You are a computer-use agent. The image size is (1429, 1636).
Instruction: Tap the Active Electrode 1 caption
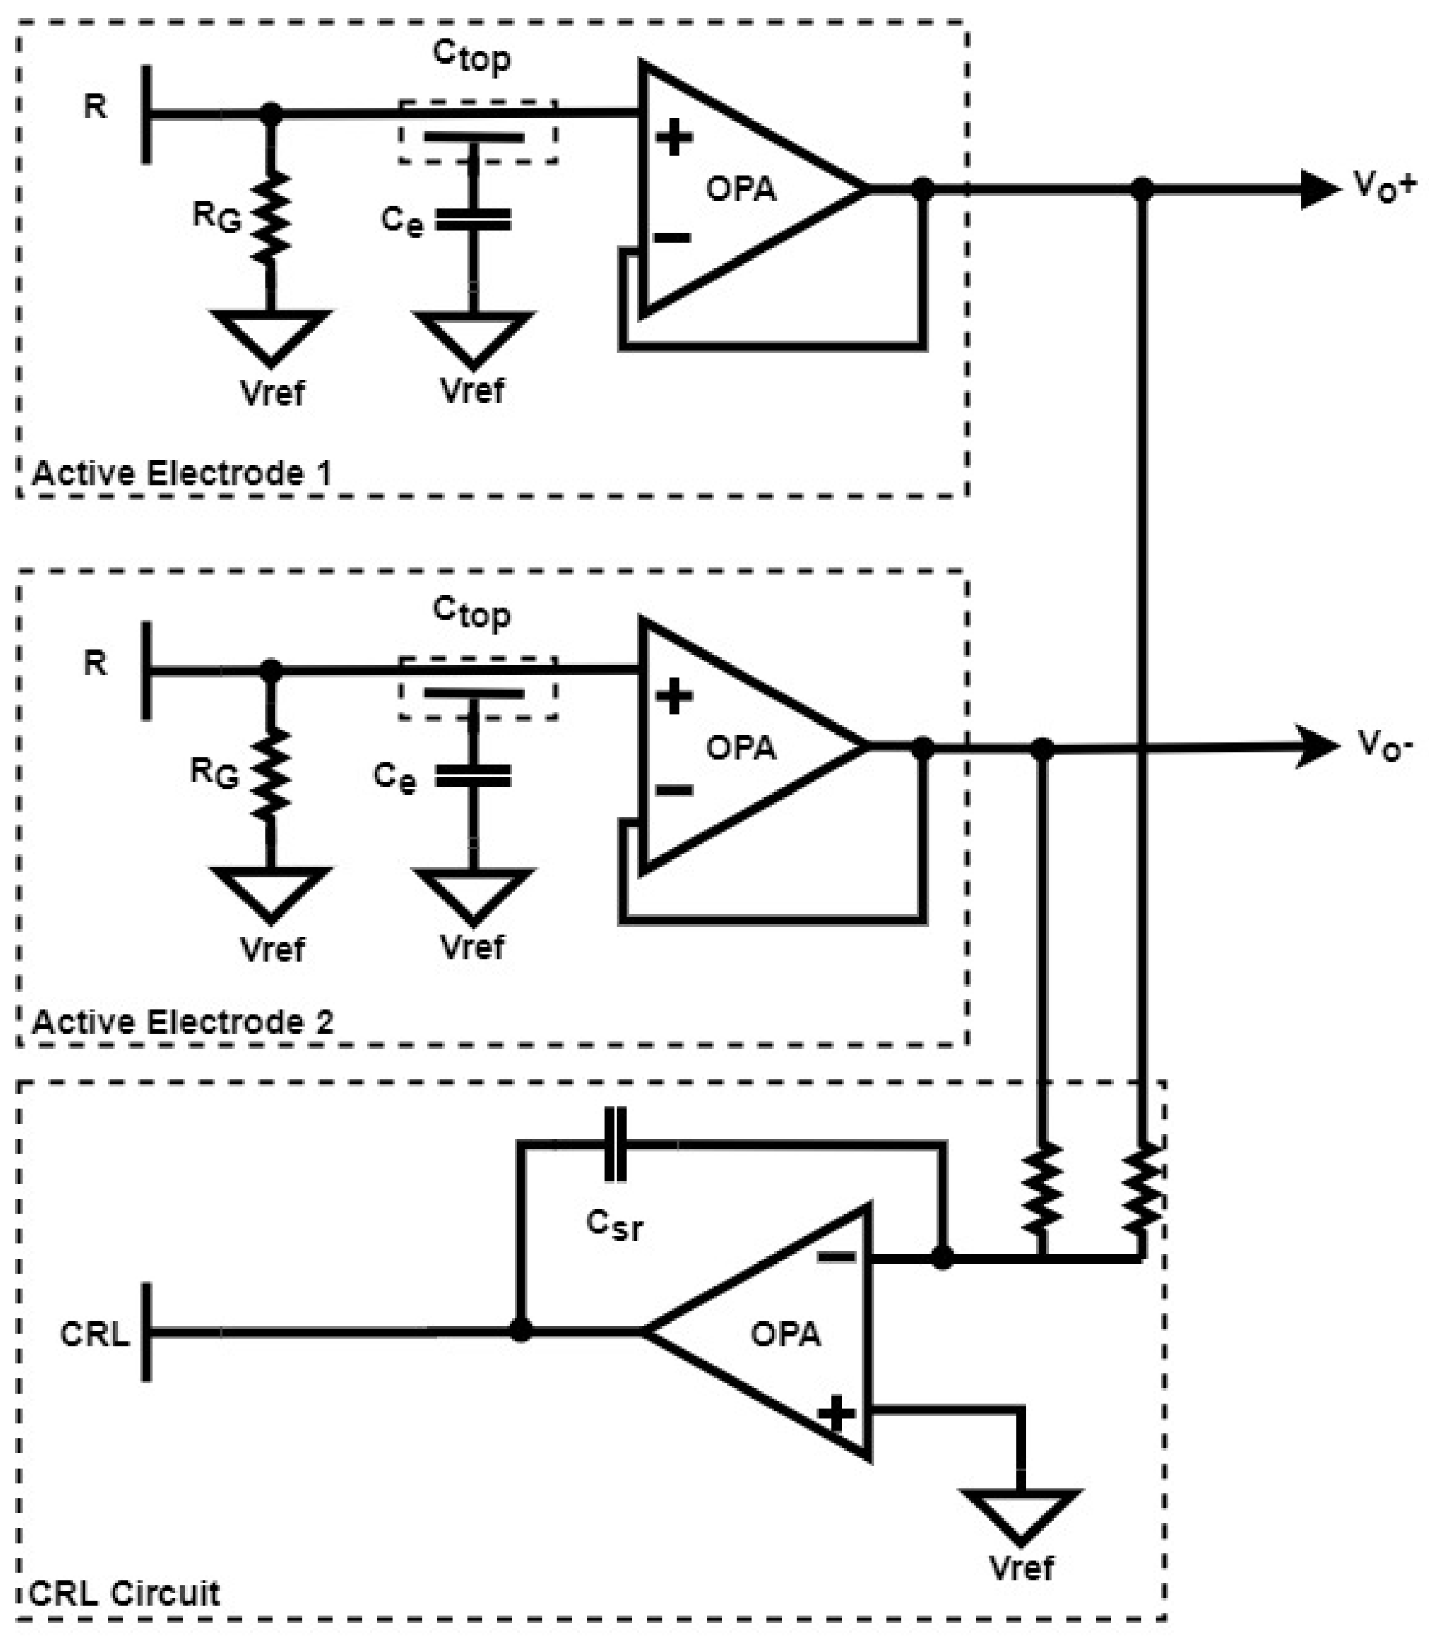[x=181, y=473]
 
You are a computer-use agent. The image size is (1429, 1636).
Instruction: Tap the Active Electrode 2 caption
[x=183, y=1022]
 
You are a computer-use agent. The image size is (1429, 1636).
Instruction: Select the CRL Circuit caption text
[x=124, y=1593]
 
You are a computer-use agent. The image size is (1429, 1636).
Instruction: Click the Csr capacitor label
[x=614, y=1224]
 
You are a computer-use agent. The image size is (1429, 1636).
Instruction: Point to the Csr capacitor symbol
[x=616, y=1144]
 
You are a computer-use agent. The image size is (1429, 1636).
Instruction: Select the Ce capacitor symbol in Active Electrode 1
[x=473, y=220]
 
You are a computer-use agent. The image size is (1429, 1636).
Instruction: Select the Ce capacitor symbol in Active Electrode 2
[x=473, y=777]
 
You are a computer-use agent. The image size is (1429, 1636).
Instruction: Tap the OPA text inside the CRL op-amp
[x=785, y=1334]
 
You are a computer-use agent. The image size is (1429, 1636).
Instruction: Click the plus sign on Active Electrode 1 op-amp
[x=675, y=137]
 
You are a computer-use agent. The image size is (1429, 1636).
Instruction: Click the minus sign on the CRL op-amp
[x=836, y=1257]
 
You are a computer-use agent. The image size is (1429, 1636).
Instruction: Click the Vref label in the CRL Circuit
[x=1021, y=1568]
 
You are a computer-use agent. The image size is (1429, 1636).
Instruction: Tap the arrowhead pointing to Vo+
[x=1320, y=189]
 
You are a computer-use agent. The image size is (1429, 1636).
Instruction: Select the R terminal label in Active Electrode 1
[x=95, y=106]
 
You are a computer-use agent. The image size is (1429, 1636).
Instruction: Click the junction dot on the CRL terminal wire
[x=520, y=1331]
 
